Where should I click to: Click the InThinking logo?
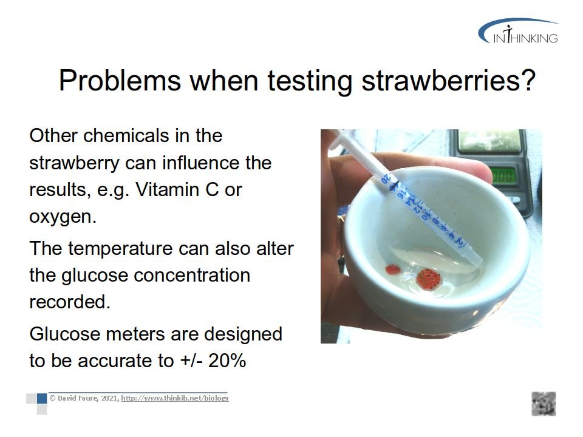click(518, 31)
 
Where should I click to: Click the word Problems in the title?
click(120, 80)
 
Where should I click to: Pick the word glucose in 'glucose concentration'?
click(95, 276)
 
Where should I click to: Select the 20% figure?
click(227, 361)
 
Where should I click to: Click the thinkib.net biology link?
click(175, 398)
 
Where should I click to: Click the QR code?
click(544, 404)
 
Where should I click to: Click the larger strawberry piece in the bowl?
click(428, 279)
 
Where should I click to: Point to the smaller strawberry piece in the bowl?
click(393, 269)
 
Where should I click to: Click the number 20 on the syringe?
click(386, 179)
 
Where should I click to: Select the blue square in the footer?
click(42, 398)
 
